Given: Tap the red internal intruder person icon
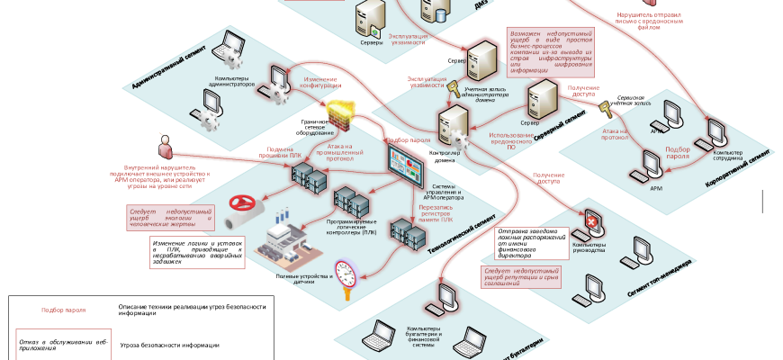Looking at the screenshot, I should coord(165,144).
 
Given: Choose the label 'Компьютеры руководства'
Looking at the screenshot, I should coord(589,247).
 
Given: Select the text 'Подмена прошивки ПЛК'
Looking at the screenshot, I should coord(288,153).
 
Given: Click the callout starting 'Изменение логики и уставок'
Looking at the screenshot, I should coord(198,252).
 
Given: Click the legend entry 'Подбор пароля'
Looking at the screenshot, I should coord(64,309).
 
